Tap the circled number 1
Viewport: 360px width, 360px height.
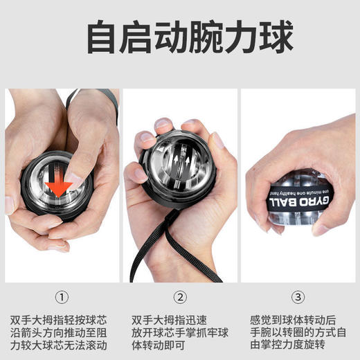(x=61, y=298)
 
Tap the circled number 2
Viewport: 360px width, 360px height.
(x=180, y=298)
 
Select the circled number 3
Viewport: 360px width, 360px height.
(x=298, y=298)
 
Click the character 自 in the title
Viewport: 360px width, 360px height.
(x=103, y=37)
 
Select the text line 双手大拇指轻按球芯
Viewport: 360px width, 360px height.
(x=61, y=320)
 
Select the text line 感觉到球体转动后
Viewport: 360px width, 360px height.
(x=293, y=320)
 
